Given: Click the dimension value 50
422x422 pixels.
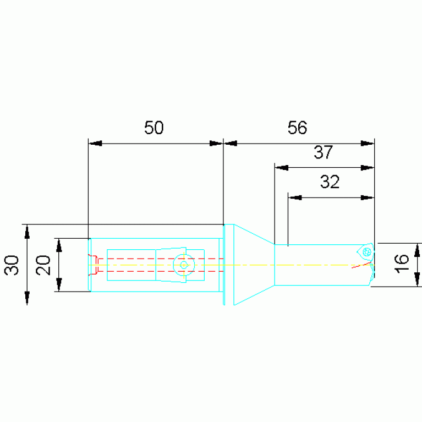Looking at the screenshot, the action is point(154,128).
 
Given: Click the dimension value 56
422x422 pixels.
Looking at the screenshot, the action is point(297,128).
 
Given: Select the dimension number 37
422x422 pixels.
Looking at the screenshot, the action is point(323,152).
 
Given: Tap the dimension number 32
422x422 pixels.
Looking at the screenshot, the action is point(330,182).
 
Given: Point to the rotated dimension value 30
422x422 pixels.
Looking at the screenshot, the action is point(12,265).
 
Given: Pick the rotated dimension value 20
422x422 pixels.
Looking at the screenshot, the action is point(43,265).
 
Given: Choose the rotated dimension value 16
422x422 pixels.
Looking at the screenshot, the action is point(401,264).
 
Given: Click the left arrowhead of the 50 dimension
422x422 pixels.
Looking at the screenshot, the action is point(95,144).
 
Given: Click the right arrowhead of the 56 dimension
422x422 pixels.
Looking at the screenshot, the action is point(368,144).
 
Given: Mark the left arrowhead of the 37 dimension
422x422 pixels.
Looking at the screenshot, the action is point(282,168).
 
